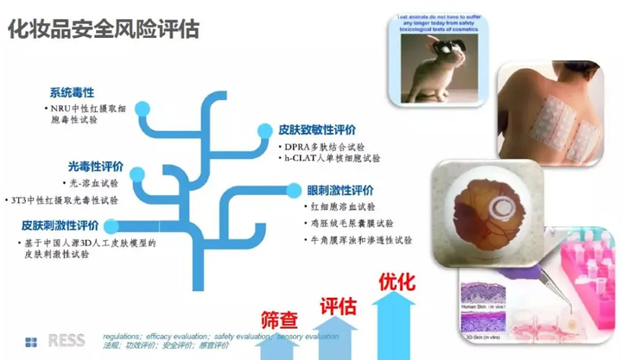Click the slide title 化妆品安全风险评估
click(x=104, y=30)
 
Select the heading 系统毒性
click(x=72, y=92)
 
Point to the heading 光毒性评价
click(x=95, y=166)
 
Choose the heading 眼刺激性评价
click(x=340, y=189)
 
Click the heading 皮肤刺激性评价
click(x=60, y=225)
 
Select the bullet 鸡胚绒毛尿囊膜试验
click(x=351, y=223)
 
